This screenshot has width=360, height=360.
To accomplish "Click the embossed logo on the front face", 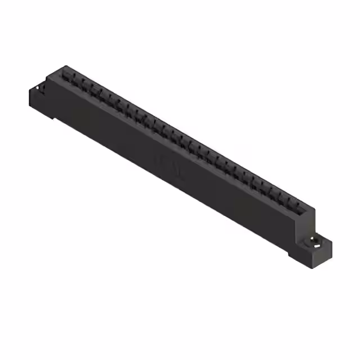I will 172,168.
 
